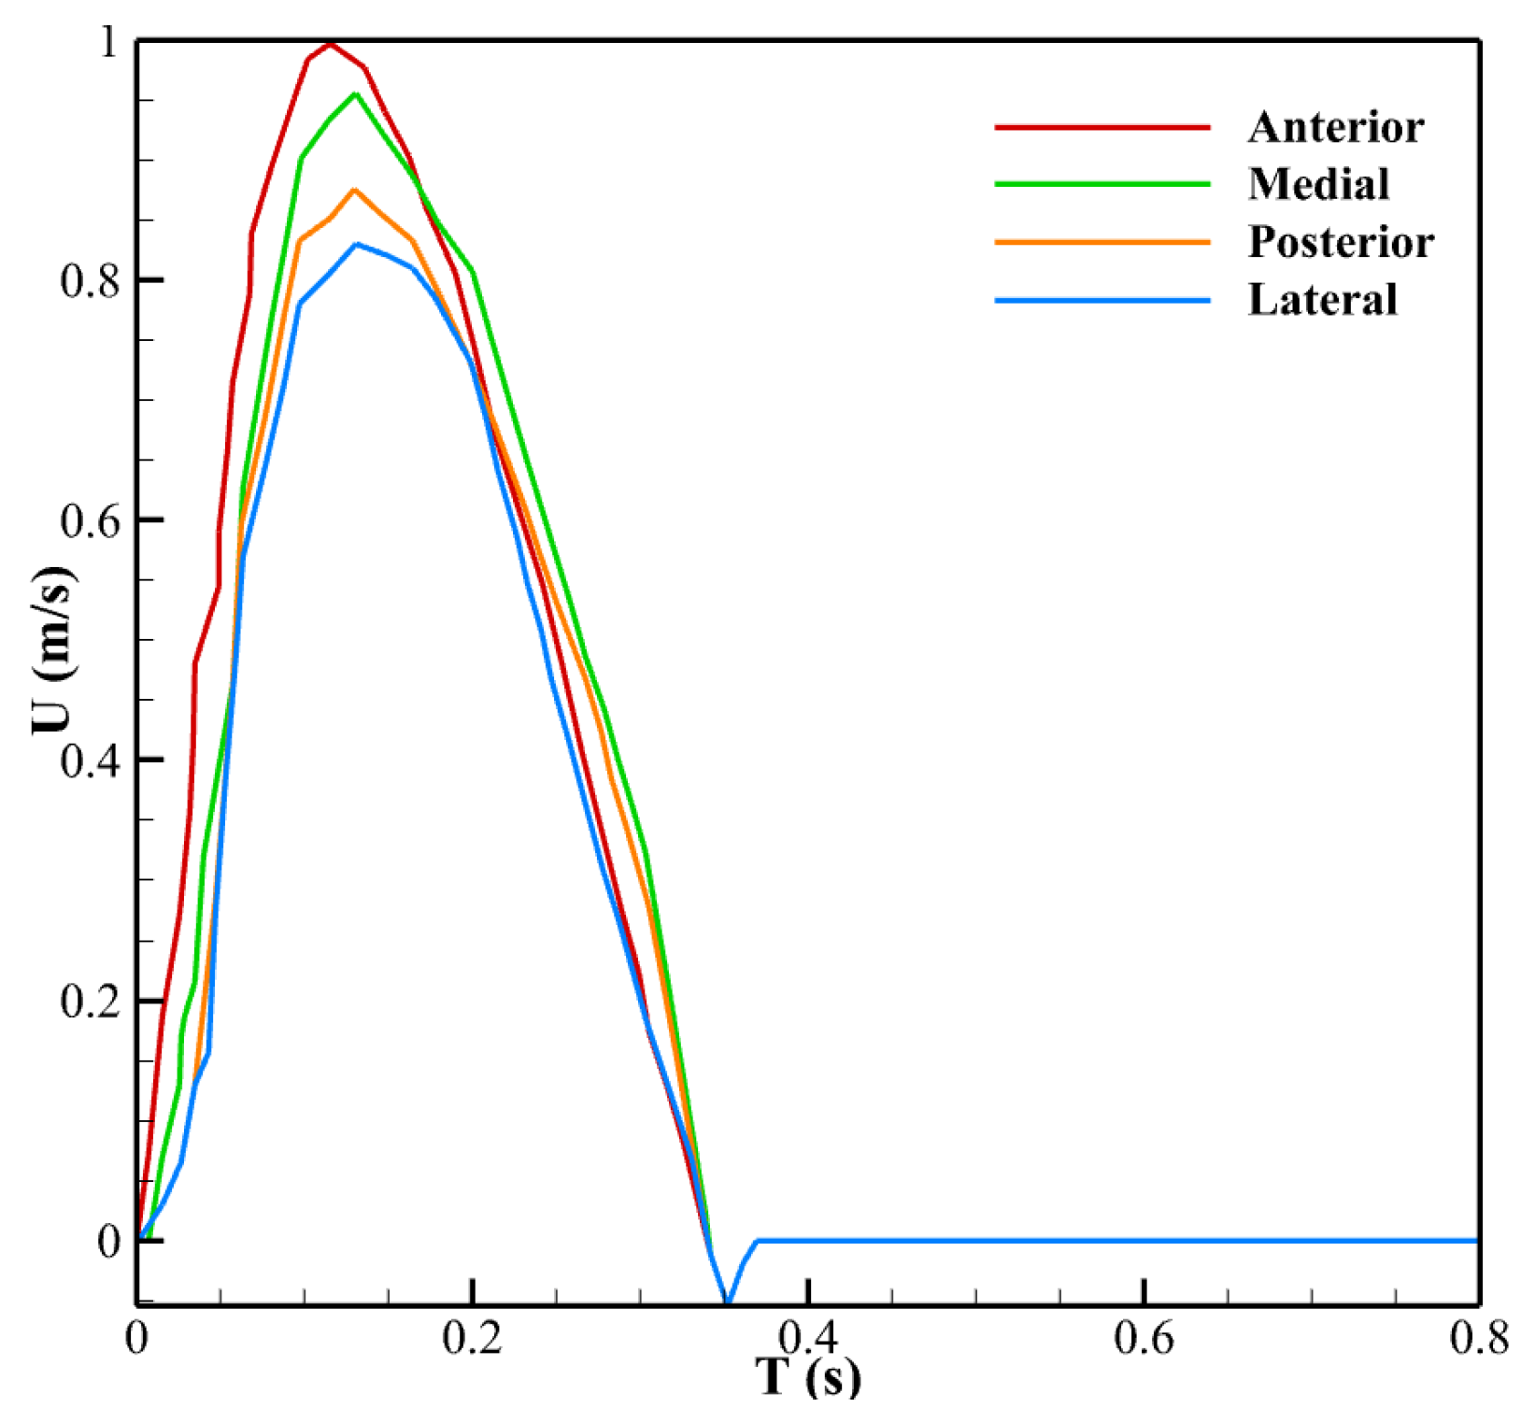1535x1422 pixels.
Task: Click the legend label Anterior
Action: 1335,127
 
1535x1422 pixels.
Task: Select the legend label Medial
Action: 1318,184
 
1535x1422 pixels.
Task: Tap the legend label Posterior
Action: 1341,242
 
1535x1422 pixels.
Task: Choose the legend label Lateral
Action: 1322,300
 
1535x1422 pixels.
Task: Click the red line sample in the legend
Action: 1102,127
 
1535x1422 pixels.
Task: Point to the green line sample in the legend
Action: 1102,184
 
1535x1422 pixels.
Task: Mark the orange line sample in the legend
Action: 1102,242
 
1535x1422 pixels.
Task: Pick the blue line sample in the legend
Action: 1102,300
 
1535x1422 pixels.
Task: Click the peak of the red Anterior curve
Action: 330,43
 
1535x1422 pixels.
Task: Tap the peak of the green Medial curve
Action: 355,93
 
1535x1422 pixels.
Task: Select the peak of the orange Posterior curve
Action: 354,190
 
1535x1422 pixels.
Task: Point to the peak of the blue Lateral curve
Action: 357,244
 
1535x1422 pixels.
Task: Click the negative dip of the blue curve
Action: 727,1301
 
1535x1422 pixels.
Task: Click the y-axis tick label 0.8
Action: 91,280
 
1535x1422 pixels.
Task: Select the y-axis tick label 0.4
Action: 91,761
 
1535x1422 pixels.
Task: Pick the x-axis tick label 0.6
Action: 1144,1338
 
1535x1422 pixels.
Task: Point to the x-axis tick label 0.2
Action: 473,1338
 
